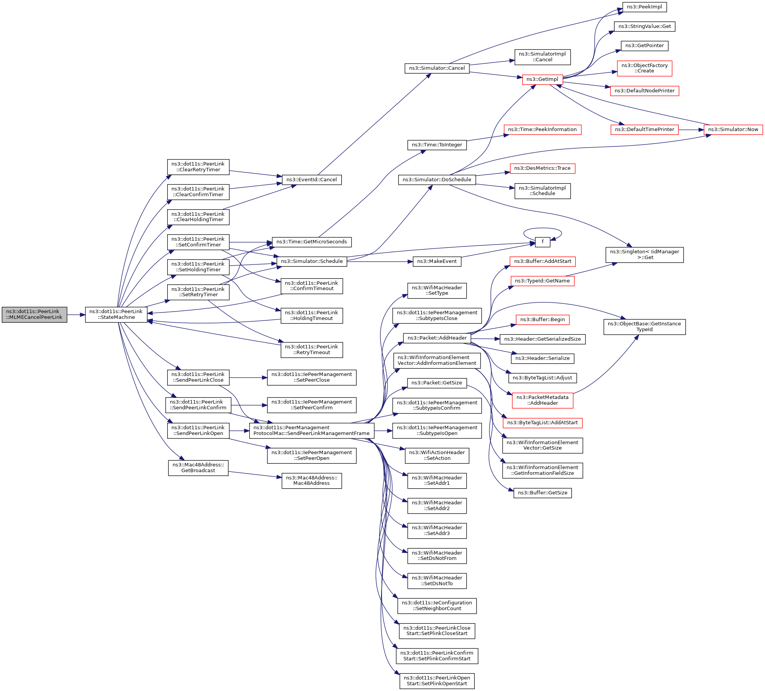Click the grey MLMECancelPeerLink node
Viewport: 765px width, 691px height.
(34, 315)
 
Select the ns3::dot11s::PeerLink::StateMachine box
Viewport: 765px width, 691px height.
(116, 315)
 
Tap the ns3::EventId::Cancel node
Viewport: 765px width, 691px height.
(311, 180)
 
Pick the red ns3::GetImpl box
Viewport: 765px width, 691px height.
(542, 79)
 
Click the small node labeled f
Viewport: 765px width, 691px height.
(542, 242)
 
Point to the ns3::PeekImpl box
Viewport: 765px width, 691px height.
(644, 7)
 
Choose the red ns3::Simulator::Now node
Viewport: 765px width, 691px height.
(733, 130)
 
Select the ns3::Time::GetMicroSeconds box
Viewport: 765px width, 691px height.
(311, 242)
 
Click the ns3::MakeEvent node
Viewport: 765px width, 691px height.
(437, 261)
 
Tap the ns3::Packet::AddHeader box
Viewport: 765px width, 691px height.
(437, 338)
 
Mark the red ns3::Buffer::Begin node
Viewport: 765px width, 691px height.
(542, 320)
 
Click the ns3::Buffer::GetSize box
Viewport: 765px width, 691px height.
(542, 493)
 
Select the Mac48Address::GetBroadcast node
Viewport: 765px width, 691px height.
(198, 468)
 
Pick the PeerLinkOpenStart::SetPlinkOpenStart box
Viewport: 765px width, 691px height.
(437, 681)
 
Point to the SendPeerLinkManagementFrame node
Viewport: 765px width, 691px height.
(311, 431)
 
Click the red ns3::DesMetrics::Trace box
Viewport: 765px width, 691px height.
(542, 168)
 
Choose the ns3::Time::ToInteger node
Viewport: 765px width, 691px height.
(437, 145)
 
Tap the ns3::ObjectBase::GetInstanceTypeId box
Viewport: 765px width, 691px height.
(644, 327)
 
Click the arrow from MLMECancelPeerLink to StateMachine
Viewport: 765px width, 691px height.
(76, 315)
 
